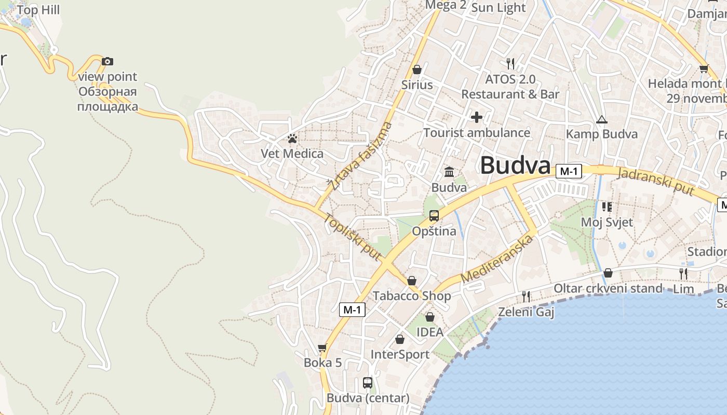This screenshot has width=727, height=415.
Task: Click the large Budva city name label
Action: point(515,165)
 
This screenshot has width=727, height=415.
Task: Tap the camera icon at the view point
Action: point(107,62)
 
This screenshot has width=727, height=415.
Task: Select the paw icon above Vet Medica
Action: point(292,139)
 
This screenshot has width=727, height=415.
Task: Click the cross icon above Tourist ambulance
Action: point(476,117)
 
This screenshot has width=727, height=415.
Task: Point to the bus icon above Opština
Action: point(434,216)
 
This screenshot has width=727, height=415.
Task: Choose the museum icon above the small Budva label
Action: point(449,172)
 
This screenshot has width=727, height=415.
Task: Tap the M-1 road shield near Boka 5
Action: point(352,310)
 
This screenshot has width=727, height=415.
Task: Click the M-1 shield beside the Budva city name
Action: point(569,171)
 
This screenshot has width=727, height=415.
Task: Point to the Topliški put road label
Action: point(353,237)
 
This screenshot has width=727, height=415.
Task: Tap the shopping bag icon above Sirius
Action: point(417,70)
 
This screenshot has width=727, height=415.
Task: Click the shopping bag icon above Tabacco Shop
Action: point(412,281)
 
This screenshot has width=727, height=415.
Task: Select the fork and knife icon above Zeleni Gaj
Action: point(526,297)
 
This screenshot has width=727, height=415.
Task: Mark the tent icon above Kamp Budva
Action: point(601,120)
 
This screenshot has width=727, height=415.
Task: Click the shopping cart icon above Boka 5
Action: point(322,348)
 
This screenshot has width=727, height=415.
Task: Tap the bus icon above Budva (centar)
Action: point(368,383)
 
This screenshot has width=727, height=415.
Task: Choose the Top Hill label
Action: point(38,10)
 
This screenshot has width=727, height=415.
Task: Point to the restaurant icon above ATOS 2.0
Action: point(510,64)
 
